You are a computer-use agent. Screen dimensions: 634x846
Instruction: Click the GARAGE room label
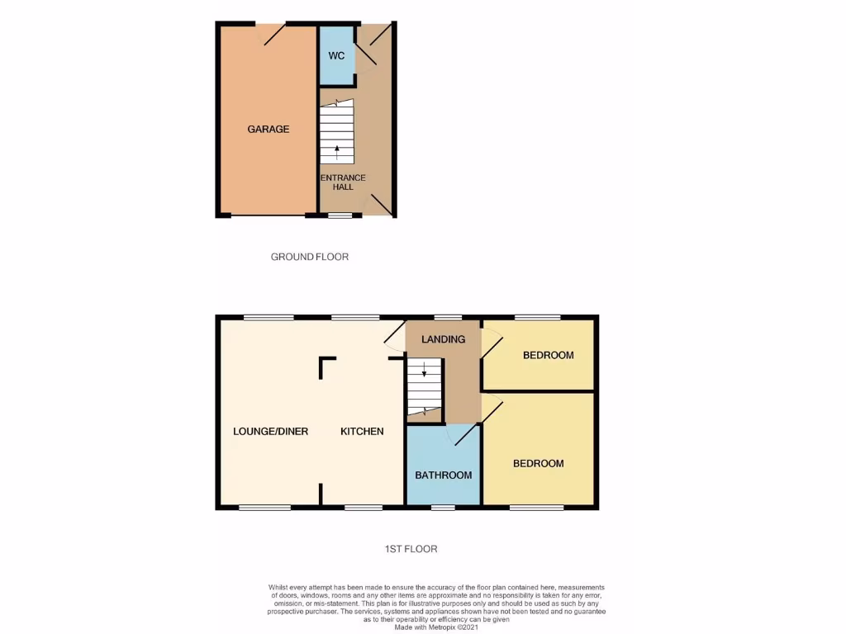269,129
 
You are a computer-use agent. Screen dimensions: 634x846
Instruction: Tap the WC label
336,56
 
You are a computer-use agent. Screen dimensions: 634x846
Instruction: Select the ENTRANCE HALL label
343,182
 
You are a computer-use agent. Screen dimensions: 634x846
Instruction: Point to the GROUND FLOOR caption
310,257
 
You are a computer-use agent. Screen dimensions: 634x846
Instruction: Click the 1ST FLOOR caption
410,548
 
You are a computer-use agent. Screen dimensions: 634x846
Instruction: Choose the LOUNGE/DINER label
270,431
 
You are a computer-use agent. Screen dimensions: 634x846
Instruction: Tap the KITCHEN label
362,431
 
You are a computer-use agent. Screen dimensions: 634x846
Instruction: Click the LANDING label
443,339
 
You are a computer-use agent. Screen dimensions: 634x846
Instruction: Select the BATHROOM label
444,475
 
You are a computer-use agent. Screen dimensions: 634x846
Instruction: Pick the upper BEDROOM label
548,355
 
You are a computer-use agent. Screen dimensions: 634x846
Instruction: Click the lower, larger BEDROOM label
539,463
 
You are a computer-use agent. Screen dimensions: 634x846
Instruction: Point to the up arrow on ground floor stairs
337,151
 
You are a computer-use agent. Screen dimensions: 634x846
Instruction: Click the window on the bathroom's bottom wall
444,507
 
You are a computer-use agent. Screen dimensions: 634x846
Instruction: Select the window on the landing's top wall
449,317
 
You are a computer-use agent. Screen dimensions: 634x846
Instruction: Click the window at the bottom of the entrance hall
340,216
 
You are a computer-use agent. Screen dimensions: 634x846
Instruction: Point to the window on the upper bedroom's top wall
538,317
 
